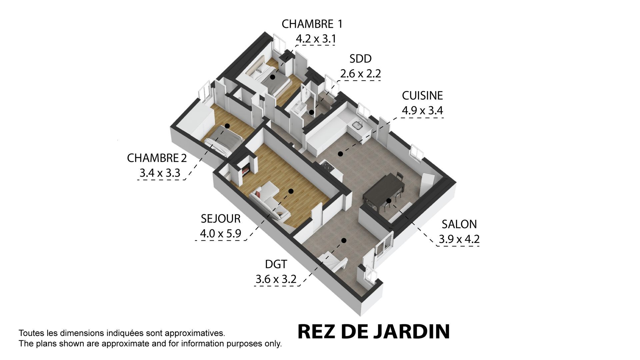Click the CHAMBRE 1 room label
coord(312,24)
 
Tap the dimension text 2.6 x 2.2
coord(360,73)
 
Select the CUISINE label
coord(422,96)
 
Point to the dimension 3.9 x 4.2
coord(459,239)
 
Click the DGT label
coord(276,264)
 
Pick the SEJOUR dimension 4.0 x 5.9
coord(220,233)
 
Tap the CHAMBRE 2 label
coord(157,158)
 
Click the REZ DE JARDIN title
coord(373,331)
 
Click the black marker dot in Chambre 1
coord(273,77)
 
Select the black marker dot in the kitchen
coord(340,154)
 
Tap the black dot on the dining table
coord(389,201)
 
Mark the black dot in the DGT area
coord(344,240)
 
